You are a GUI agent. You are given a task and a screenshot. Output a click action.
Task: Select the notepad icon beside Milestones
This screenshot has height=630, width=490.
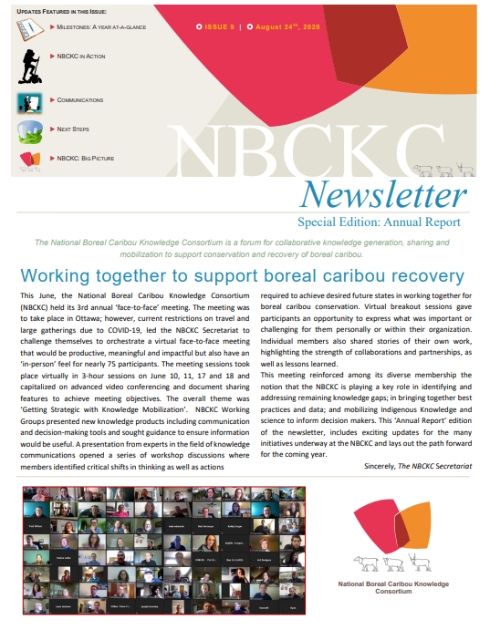pyautogui.click(x=29, y=29)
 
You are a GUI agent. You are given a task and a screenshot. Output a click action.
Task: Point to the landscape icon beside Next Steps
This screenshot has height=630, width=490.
pyautogui.click(x=28, y=130)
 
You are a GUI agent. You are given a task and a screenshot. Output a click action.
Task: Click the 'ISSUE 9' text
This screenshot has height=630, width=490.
pyautogui.click(x=220, y=26)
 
